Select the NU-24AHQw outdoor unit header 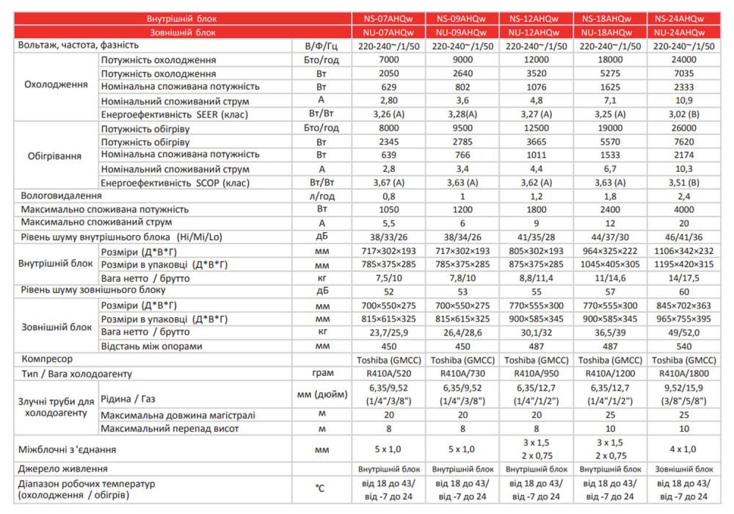coord(683,33)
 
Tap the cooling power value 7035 coord(683,73)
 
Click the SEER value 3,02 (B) coord(683,114)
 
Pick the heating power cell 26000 coord(683,127)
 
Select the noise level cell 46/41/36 coord(683,236)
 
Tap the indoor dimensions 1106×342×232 coord(683,250)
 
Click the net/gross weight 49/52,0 coord(683,332)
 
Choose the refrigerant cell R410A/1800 coord(683,374)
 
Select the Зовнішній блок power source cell coord(683,468)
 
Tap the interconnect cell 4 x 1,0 coord(683,448)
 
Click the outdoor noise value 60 coord(683,291)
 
